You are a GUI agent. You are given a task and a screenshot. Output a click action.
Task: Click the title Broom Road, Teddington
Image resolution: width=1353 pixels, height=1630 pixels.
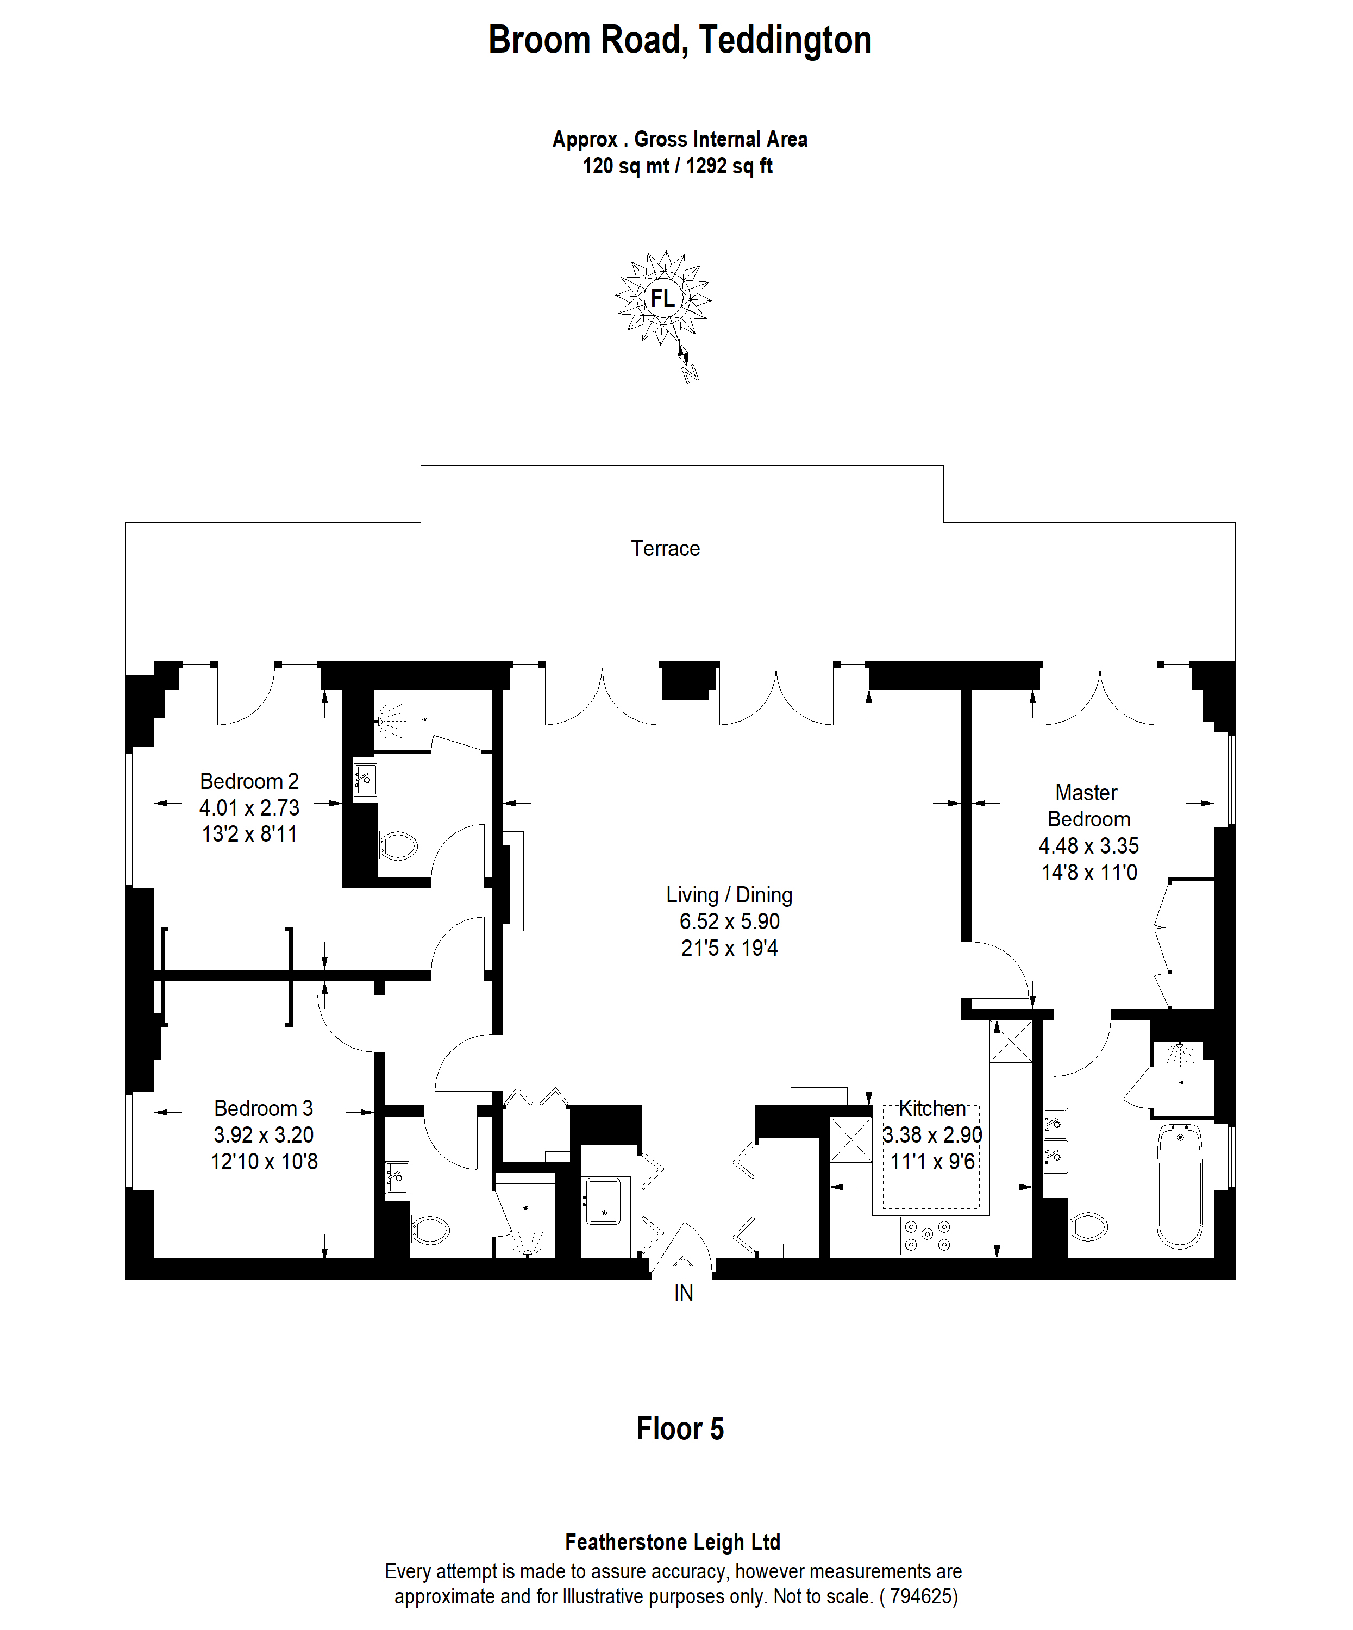(x=679, y=40)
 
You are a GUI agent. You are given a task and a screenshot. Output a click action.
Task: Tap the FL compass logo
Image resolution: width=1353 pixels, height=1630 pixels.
(x=662, y=298)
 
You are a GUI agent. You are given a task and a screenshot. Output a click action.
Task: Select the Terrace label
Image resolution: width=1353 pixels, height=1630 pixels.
(x=665, y=549)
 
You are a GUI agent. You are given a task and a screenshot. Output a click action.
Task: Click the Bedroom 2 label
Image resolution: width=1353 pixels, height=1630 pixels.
(x=249, y=781)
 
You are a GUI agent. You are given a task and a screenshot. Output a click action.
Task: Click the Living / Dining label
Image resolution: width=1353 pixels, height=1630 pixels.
(x=729, y=895)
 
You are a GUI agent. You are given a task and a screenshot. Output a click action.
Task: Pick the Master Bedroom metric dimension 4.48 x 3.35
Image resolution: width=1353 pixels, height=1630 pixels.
(x=1088, y=846)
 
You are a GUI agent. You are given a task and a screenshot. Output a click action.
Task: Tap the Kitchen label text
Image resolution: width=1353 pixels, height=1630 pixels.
(x=932, y=1108)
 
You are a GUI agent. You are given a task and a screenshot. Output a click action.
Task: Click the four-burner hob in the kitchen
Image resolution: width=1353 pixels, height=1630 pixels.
(x=928, y=1235)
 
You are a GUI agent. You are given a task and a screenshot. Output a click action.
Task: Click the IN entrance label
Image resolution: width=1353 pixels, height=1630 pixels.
(x=683, y=1293)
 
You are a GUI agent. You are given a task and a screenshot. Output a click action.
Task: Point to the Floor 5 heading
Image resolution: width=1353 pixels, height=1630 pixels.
(x=680, y=1429)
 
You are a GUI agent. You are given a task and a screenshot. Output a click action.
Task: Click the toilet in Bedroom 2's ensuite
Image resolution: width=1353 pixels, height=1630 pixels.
(x=398, y=846)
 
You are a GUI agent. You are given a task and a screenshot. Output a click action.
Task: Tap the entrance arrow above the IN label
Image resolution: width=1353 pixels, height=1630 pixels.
(x=683, y=1267)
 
